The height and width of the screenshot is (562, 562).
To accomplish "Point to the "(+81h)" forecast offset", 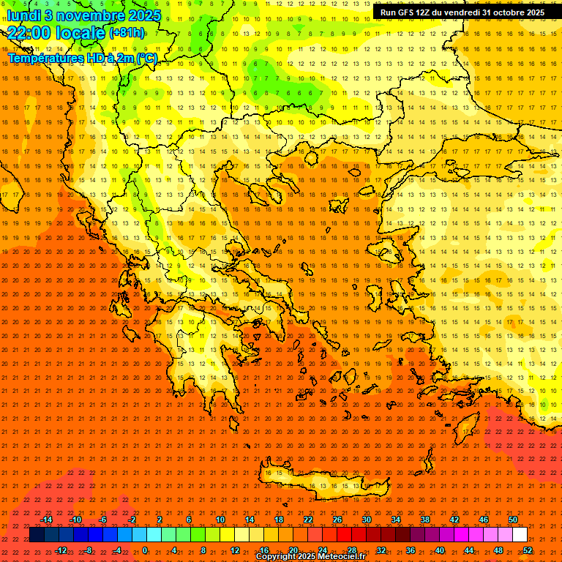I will pyautogui.click(x=127, y=33).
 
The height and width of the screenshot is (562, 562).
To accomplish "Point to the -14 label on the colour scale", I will pyautogui.click(x=46, y=520).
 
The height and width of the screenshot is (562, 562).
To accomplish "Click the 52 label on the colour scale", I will pyautogui.click(x=527, y=550).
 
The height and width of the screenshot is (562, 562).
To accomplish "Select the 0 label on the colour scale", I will pyautogui.click(x=145, y=550).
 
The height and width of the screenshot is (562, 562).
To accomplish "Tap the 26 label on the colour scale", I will pyautogui.click(x=337, y=520).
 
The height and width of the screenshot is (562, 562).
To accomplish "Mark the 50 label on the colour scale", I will pyautogui.click(x=512, y=520).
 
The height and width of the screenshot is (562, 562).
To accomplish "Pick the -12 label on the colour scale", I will pyautogui.click(x=61, y=550).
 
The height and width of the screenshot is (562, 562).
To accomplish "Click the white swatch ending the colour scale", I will pyautogui.click(x=520, y=535).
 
